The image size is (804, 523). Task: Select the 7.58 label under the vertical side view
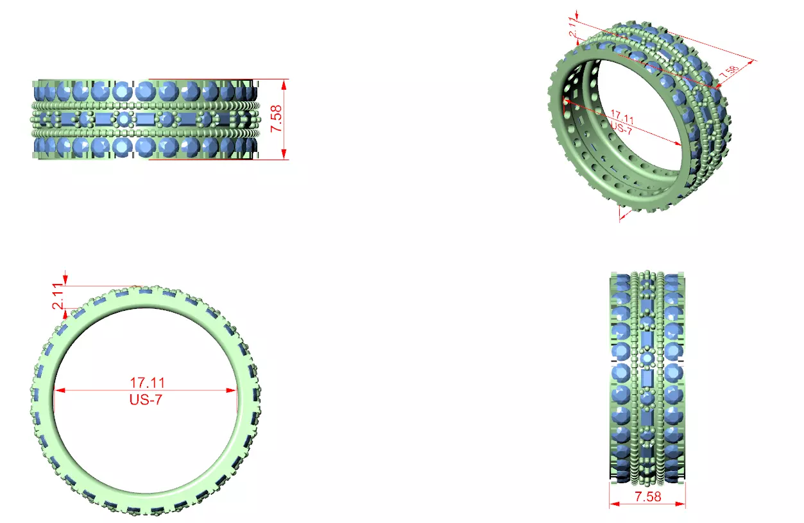click(647, 496)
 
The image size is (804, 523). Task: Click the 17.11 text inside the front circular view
click(147, 383)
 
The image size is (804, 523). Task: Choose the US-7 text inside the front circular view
click(147, 399)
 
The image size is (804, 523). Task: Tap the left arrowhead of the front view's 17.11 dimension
click(58, 390)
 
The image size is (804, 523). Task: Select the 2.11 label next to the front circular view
click(59, 297)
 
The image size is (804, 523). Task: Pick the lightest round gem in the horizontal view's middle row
click(123, 119)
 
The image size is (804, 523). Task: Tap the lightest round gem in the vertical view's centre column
click(647, 358)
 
